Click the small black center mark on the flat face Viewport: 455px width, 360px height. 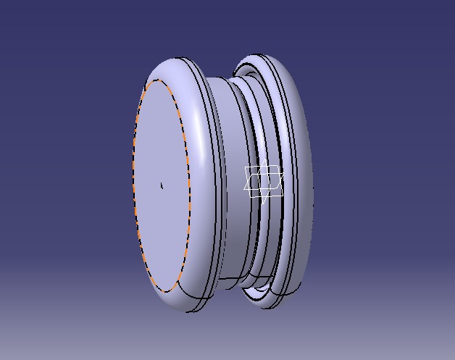[161, 185]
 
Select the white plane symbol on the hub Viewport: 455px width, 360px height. [263, 181]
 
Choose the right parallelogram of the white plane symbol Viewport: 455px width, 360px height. [272, 181]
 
